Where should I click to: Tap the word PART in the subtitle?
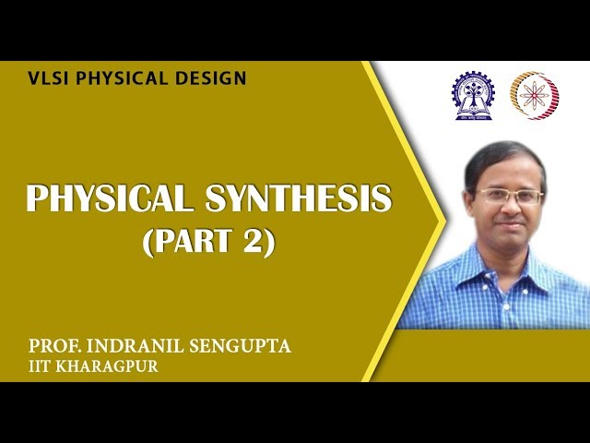click(193, 243)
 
